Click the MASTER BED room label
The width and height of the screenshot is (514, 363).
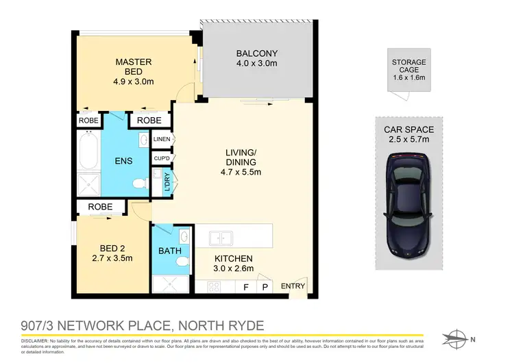(x=132, y=66)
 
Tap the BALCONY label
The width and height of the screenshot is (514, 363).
(x=256, y=53)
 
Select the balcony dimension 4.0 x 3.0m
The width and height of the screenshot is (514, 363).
(x=256, y=64)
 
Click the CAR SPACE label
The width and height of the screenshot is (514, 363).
(x=408, y=129)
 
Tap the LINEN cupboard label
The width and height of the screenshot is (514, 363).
(x=162, y=140)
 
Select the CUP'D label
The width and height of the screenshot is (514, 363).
(x=162, y=160)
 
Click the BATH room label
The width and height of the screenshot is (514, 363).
(x=169, y=251)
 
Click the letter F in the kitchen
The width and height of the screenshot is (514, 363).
(x=246, y=288)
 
